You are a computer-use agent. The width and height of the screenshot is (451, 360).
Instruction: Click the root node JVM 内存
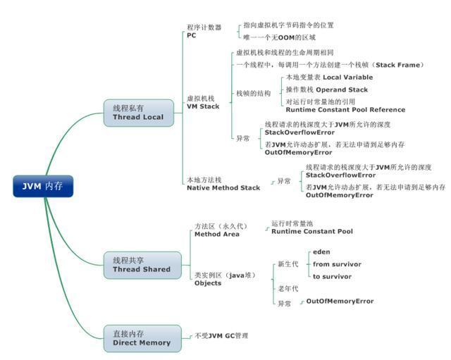(42, 186)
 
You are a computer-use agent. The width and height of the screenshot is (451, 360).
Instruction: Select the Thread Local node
(137, 113)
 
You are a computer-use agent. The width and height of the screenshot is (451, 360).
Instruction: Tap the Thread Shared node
(141, 264)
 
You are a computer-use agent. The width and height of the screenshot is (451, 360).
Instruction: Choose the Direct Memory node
(141, 337)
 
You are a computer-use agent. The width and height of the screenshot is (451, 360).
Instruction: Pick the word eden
(321, 252)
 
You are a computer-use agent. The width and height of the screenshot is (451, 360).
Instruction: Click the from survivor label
(337, 264)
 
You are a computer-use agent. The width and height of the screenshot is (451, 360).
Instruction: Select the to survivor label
(332, 276)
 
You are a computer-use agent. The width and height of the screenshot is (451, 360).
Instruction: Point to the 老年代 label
(288, 289)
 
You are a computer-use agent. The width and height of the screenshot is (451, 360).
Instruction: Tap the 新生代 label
(288, 264)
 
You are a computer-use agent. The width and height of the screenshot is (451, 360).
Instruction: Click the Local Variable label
(328, 77)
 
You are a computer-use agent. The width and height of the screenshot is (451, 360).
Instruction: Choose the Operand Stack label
(326, 89)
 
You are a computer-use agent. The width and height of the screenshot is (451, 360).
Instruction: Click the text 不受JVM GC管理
(221, 335)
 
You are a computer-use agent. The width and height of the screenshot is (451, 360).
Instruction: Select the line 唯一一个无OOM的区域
(279, 37)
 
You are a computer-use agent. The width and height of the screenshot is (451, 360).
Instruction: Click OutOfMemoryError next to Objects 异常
(340, 302)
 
